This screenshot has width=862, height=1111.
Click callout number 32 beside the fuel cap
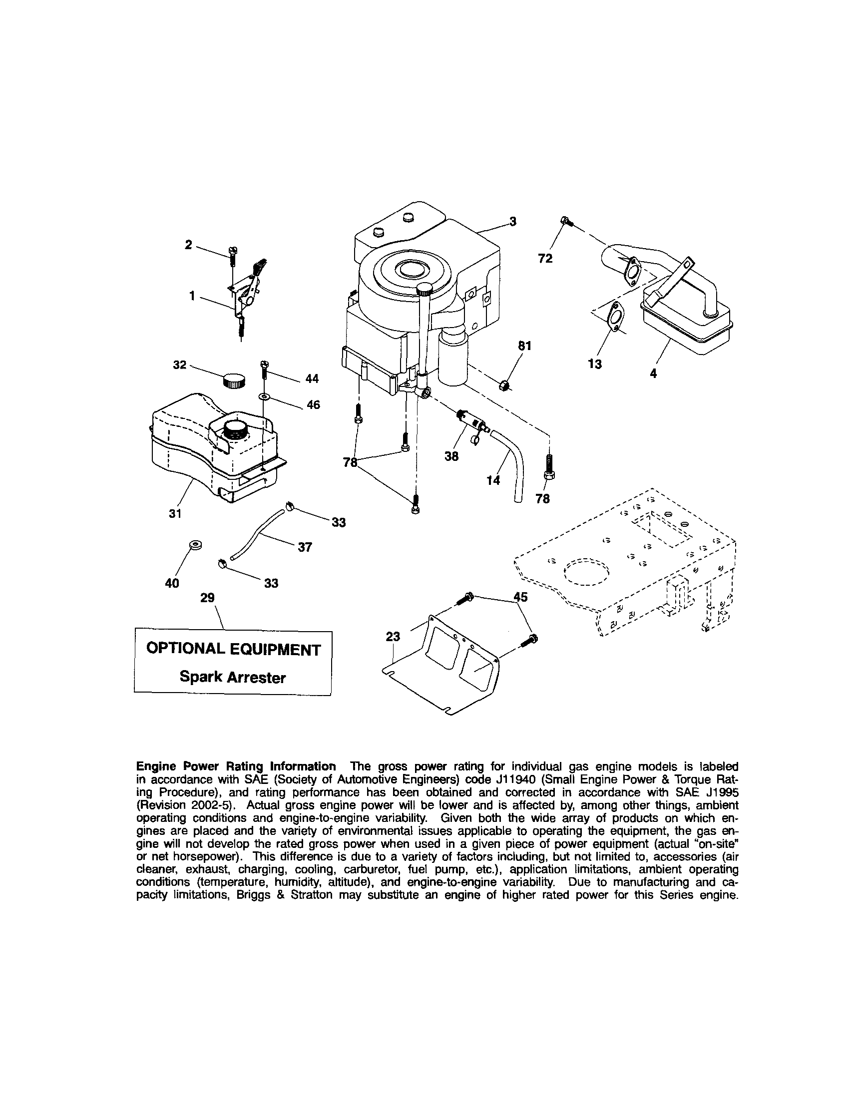pyautogui.click(x=180, y=365)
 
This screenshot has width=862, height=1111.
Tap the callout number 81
pyautogui.click(x=524, y=346)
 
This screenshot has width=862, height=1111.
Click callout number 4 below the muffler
pyautogui.click(x=653, y=373)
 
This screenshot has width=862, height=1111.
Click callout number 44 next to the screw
pyautogui.click(x=312, y=378)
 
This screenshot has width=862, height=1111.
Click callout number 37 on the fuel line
pyautogui.click(x=304, y=547)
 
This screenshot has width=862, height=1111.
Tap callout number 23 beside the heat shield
pyautogui.click(x=393, y=636)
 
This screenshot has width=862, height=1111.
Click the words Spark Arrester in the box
pyautogui.click(x=233, y=677)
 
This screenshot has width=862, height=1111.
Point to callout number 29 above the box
pyautogui.click(x=208, y=598)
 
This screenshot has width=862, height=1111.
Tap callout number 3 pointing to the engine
pyautogui.click(x=512, y=221)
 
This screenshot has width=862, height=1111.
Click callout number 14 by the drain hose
pyautogui.click(x=493, y=480)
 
